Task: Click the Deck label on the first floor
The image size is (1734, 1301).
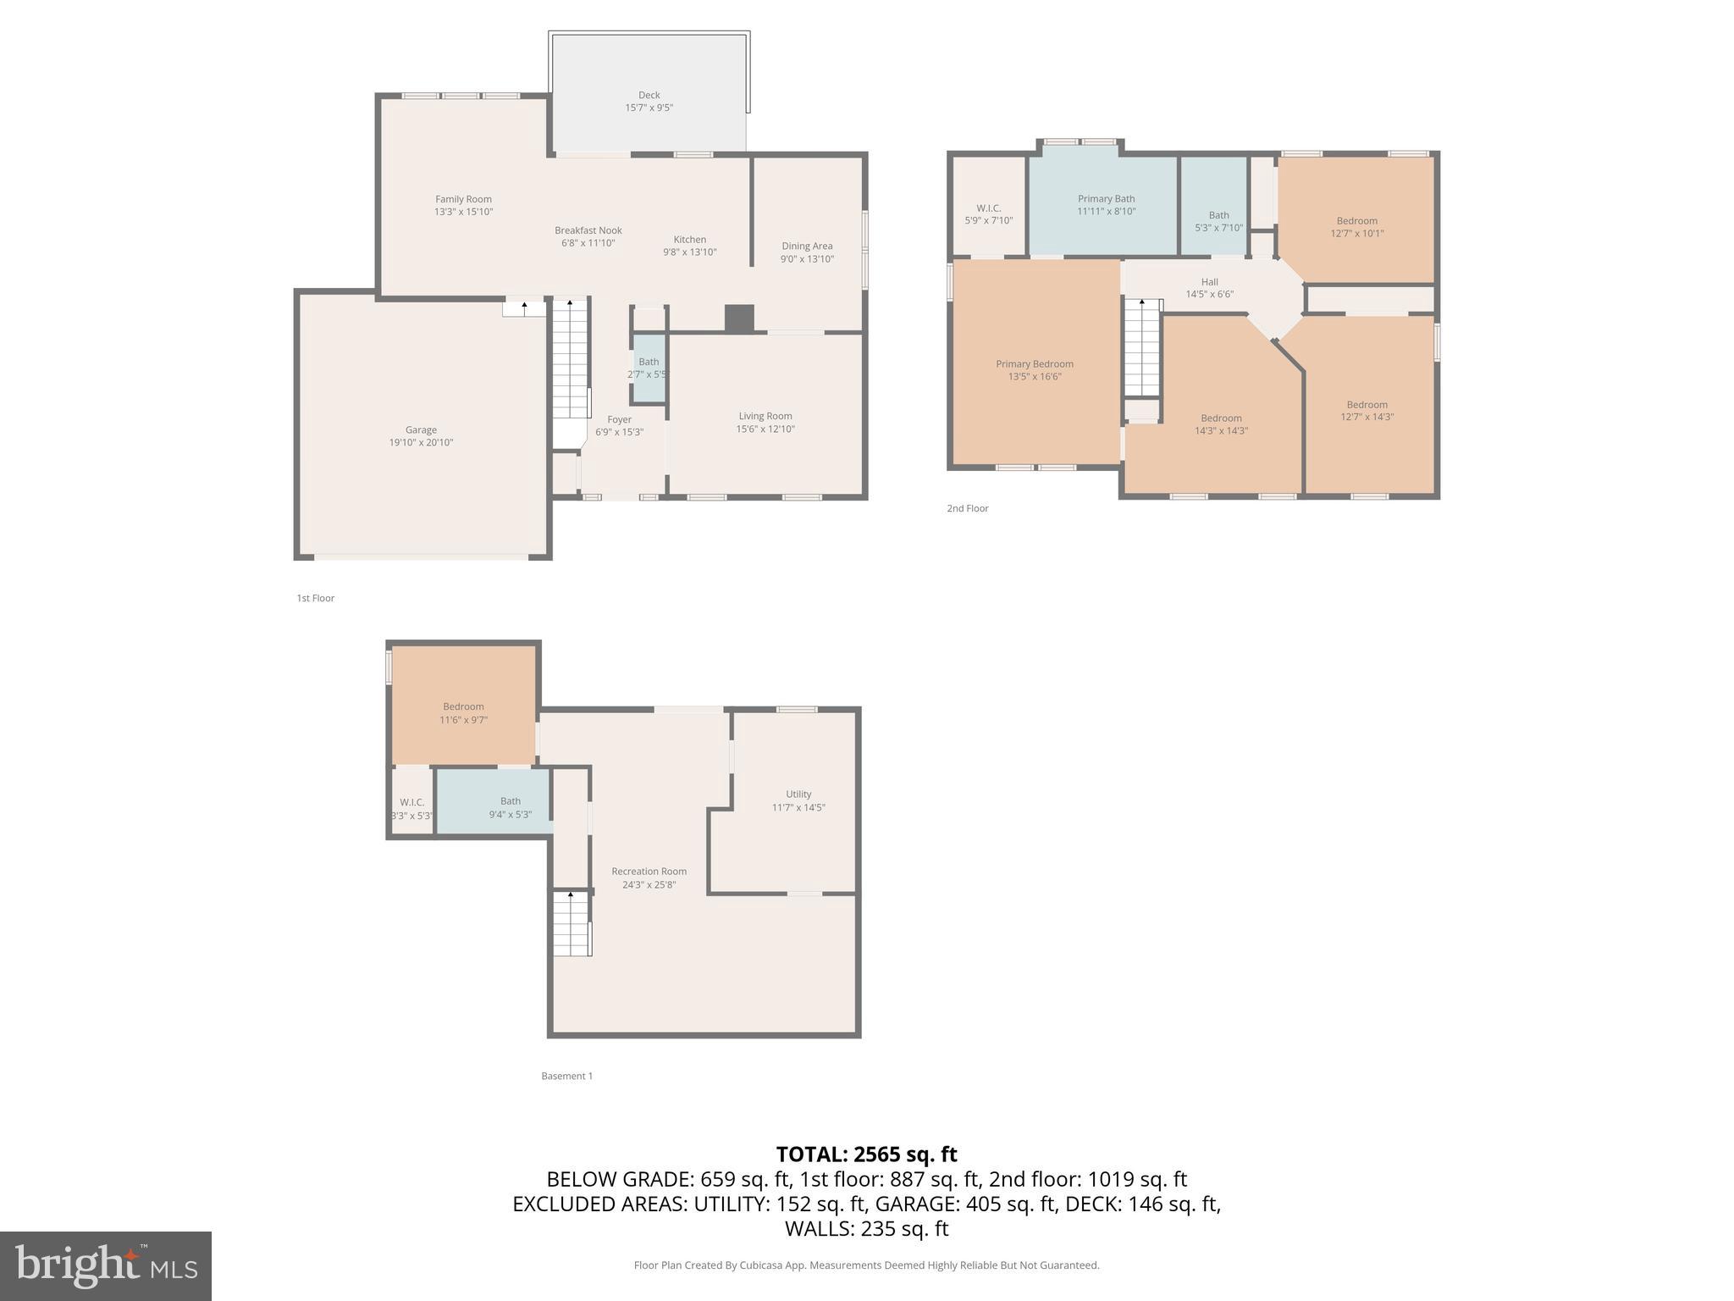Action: [x=649, y=96]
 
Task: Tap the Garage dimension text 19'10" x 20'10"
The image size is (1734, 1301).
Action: [x=421, y=442]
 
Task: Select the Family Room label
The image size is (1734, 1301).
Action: [x=463, y=200]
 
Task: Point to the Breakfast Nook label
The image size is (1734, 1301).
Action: [x=588, y=230]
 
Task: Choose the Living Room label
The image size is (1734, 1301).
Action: [x=765, y=416]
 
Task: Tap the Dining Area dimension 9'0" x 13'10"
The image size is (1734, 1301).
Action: [x=807, y=259]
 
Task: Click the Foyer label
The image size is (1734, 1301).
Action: [x=619, y=419]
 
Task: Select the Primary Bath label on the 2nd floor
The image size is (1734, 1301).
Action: [x=1106, y=199]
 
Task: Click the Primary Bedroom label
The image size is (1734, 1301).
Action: [x=1034, y=364]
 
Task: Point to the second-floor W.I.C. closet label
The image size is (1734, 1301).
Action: [x=988, y=208]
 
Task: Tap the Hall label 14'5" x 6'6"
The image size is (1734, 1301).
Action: [x=1209, y=288]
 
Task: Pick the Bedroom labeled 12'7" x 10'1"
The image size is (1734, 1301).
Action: [x=1356, y=227]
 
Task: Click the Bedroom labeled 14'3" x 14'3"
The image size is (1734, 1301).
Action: [x=1220, y=424]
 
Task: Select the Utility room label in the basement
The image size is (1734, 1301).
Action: [x=798, y=794]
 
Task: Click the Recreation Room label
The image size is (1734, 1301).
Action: [x=649, y=872]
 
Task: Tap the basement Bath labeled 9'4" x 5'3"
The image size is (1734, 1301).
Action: [x=510, y=807]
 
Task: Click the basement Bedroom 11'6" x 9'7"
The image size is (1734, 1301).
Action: [x=463, y=713]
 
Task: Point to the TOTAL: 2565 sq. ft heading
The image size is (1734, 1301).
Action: [x=866, y=1154]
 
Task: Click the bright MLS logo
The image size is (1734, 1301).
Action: [x=106, y=1265]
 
